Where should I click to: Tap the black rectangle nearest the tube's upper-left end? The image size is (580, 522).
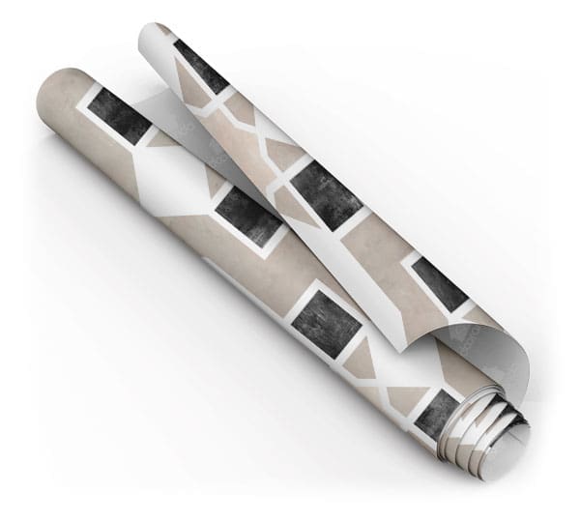pyautogui.click(x=118, y=114)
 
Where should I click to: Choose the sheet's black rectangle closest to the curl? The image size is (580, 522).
pyautogui.click(x=440, y=280)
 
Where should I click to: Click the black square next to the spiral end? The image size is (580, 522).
pyautogui.click(x=440, y=410)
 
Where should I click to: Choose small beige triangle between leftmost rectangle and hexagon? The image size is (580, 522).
pyautogui.click(x=159, y=139)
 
